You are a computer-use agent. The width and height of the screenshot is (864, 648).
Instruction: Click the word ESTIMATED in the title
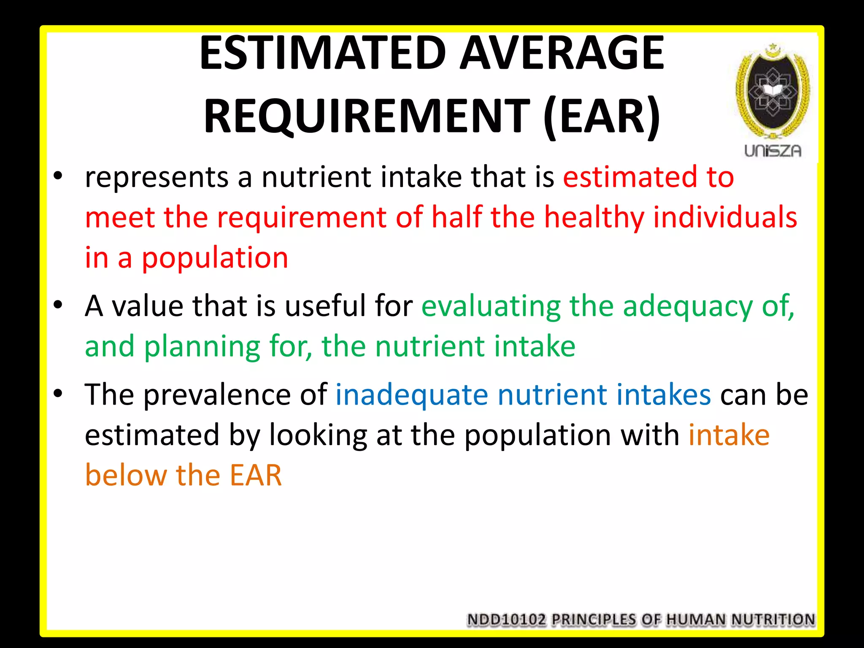pyautogui.click(x=323, y=54)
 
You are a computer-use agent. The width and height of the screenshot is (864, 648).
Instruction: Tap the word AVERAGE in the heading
pyautogui.click(x=562, y=54)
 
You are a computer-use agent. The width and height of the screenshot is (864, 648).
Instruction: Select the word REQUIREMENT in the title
pyautogui.click(x=366, y=116)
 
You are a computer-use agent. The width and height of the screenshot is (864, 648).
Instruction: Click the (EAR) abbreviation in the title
pyautogui.click(x=602, y=116)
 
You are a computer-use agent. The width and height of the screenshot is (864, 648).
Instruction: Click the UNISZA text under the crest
pyautogui.click(x=772, y=151)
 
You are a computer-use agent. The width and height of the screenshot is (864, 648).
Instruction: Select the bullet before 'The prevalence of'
pyautogui.click(x=58, y=393)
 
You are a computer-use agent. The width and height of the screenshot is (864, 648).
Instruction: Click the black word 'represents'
pyautogui.click(x=157, y=177)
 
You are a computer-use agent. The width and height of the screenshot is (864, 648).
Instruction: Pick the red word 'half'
pyautogui.click(x=456, y=217)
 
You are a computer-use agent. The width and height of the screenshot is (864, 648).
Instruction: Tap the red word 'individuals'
pyautogui.click(x=725, y=217)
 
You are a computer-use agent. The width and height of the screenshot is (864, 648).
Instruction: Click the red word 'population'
pyautogui.click(x=215, y=258)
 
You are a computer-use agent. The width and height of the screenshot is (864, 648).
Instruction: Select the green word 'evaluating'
pyautogui.click(x=491, y=306)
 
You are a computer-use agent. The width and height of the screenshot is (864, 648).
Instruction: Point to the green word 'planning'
pyautogui.click(x=202, y=347)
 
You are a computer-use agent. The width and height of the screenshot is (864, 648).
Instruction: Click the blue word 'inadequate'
pyautogui.click(x=412, y=395)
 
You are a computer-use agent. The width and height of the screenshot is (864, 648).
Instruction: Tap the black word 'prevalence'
pyautogui.click(x=217, y=395)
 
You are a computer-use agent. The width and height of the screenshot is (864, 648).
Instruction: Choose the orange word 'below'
pyautogui.click(x=126, y=475)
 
